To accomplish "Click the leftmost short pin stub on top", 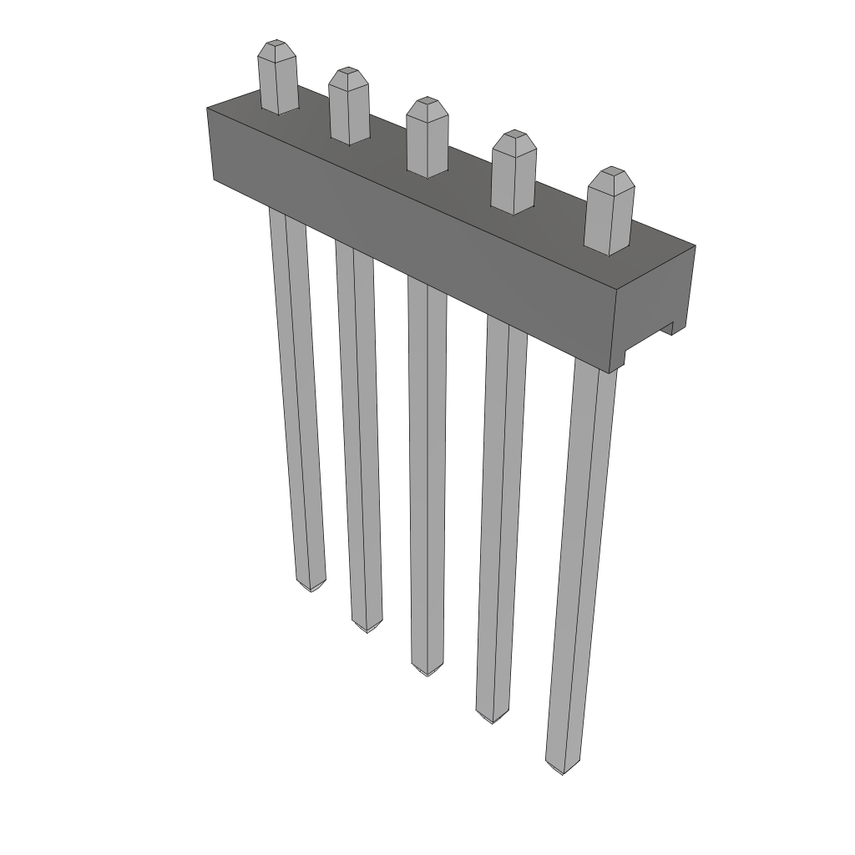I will (277, 83).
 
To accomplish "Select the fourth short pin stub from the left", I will (513, 177).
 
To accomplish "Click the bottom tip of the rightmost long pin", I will (561, 769).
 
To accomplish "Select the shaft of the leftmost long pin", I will (297, 392).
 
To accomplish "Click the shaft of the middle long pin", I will (427, 468).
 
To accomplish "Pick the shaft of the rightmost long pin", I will (580, 568).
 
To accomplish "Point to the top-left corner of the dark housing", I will (208, 109).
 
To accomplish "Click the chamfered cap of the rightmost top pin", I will (611, 177).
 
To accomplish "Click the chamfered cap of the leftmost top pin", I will (276, 50).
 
